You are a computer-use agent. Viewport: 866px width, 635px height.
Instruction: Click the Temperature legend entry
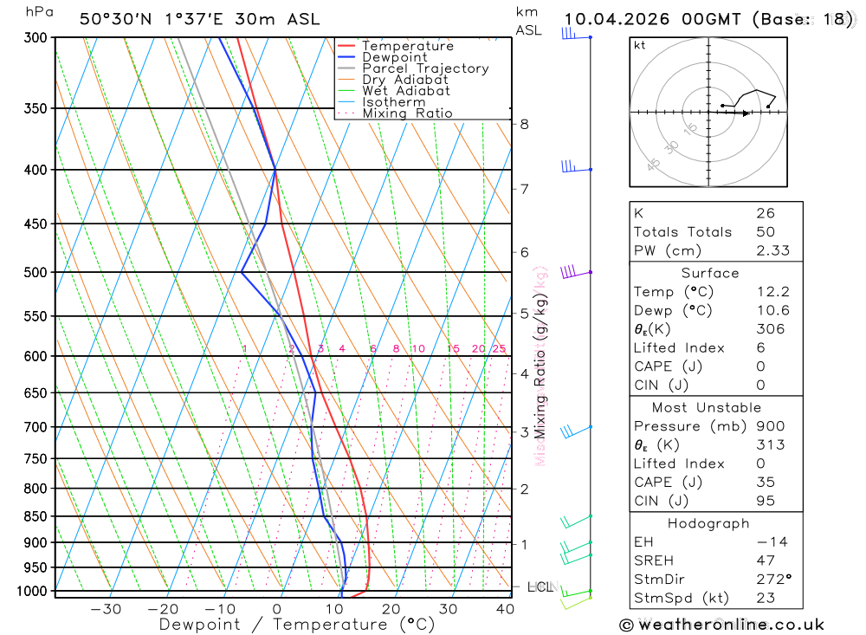click(407, 46)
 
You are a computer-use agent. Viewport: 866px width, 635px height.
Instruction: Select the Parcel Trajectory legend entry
click(424, 68)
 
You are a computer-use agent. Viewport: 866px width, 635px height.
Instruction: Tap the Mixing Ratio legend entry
click(407, 113)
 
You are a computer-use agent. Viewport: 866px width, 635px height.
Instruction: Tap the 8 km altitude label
click(524, 124)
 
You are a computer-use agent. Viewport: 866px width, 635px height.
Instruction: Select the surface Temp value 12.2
click(772, 292)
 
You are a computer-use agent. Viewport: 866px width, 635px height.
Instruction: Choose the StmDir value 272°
click(773, 580)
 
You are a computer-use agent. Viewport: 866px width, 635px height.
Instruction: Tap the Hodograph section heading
click(709, 523)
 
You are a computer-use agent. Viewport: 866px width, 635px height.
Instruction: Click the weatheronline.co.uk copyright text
click(721, 625)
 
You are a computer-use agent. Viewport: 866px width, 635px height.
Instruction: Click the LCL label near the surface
click(540, 587)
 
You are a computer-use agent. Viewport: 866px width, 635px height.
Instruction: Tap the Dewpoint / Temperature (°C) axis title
click(296, 625)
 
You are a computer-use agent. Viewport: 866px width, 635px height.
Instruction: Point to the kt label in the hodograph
click(640, 45)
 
